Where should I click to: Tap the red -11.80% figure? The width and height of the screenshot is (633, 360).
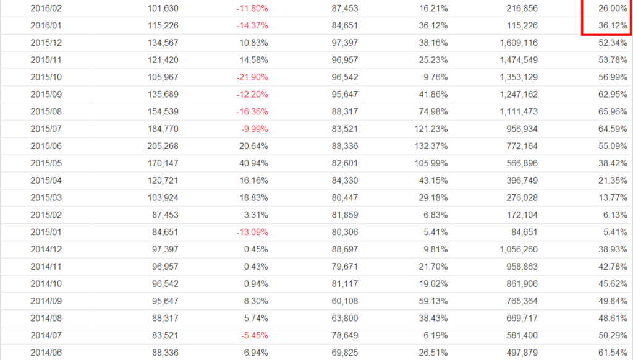252,9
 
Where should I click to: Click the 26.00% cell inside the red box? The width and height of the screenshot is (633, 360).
610,9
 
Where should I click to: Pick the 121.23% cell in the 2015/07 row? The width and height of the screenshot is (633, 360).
431,129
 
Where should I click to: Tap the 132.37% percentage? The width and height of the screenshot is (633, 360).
431,146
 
